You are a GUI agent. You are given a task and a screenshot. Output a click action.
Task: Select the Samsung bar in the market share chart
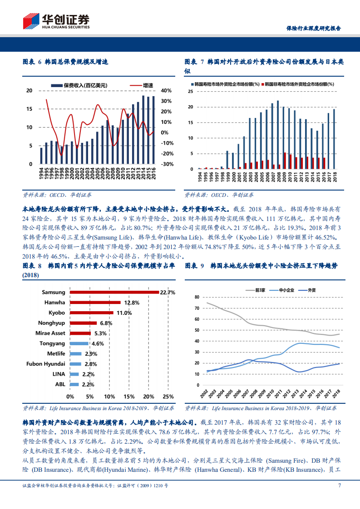113,293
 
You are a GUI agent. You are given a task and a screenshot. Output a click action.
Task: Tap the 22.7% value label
167,293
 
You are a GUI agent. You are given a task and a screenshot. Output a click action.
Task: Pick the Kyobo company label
56,313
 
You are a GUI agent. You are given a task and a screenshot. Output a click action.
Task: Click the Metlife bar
76,353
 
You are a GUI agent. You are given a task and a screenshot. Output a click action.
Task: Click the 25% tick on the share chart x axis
168,396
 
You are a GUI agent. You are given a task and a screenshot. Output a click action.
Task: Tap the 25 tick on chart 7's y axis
190,92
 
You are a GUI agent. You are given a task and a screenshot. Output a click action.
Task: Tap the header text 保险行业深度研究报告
313,28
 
